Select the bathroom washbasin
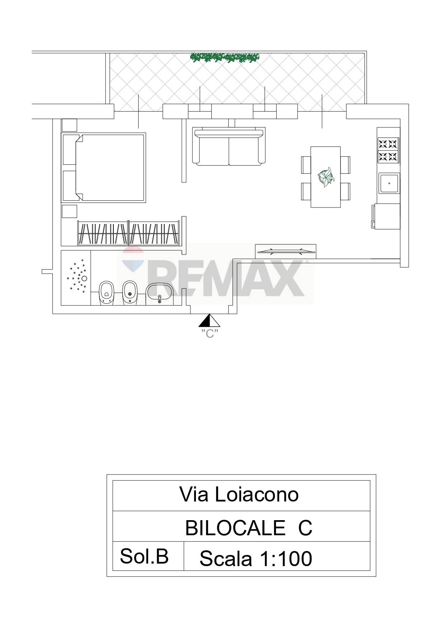point(160,293)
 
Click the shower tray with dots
point(76,277)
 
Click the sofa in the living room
point(229,146)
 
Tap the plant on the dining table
point(326,177)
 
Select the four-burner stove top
point(388,150)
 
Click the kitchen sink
point(389,183)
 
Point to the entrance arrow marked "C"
point(210,321)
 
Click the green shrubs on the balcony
point(225,57)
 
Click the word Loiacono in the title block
point(257,495)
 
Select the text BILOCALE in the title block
point(235,528)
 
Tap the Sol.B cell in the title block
point(144,556)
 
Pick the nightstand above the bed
point(70,125)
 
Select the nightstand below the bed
point(70,211)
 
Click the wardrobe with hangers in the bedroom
point(128,233)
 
